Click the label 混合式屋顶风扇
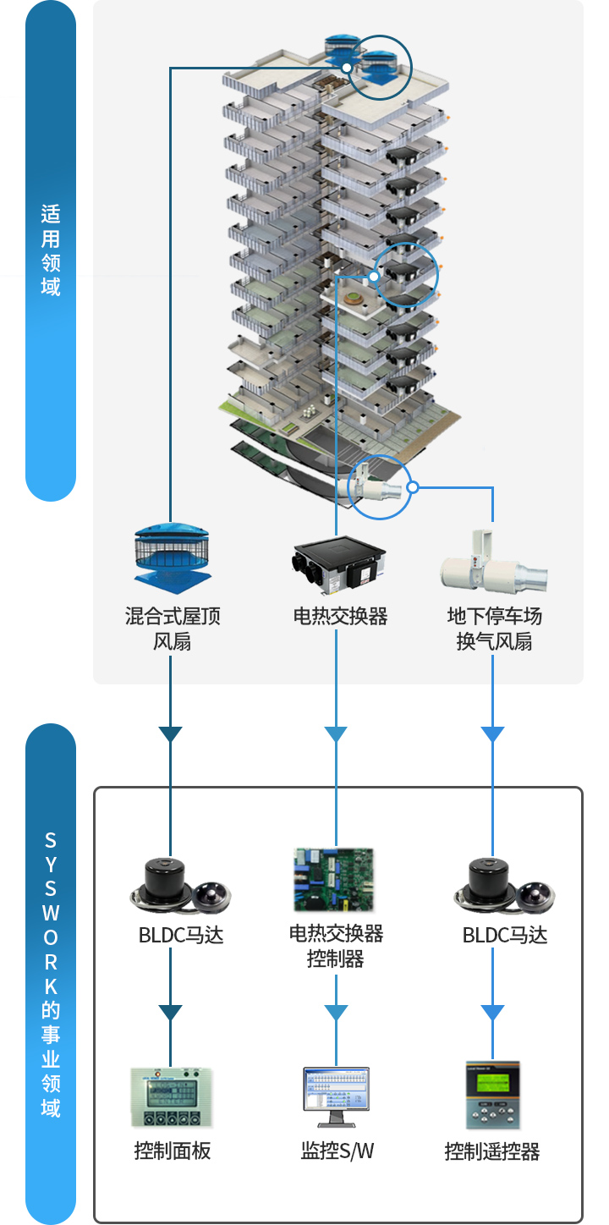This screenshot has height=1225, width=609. (x=173, y=629)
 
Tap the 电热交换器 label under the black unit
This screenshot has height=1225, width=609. (x=340, y=617)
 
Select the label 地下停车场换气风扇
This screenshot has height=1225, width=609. (x=494, y=629)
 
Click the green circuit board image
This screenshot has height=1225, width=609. (x=333, y=880)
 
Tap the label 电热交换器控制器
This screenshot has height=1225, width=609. (x=336, y=946)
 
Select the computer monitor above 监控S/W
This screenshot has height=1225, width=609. (x=336, y=1096)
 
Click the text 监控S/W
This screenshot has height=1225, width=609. (x=337, y=1151)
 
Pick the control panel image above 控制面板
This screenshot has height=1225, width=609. (x=172, y=1096)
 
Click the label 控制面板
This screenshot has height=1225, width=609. (x=173, y=1151)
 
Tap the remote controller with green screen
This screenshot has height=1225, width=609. (x=492, y=1096)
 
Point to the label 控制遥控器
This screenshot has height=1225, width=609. (x=492, y=1151)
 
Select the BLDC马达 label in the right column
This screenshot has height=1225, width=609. (x=505, y=935)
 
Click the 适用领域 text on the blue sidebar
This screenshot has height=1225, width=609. (x=50, y=250)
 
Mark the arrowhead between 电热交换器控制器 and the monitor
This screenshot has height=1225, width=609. (x=336, y=1013)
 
